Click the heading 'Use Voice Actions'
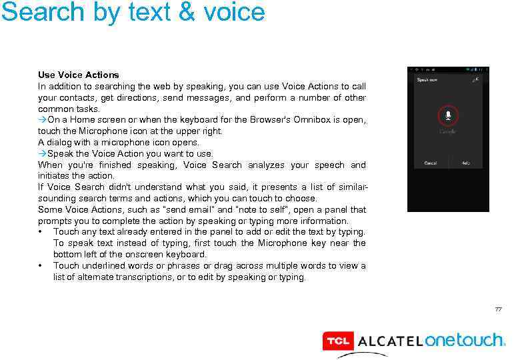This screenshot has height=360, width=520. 78,75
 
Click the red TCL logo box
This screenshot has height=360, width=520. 337,341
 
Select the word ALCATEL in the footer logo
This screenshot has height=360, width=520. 389,341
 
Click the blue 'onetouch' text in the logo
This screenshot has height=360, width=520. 465,340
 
